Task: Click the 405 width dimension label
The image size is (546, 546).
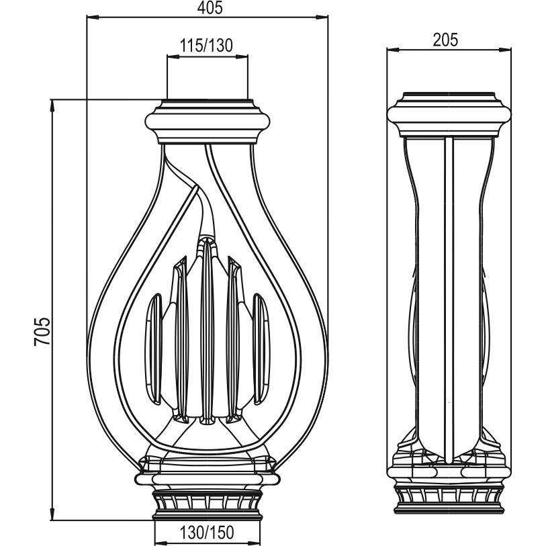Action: pos(210,7)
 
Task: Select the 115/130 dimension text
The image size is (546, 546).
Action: pos(206,45)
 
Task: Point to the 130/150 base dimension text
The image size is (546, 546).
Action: pos(207,532)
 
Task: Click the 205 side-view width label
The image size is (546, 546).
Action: pos(445,40)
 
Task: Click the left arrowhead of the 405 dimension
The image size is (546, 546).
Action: pos(93,17)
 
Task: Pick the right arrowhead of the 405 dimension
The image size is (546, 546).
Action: pos(322,17)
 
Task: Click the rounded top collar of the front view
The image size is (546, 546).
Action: pos(208,122)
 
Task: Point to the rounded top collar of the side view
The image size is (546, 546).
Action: pos(449,115)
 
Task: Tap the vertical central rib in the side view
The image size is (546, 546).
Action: pos(449,300)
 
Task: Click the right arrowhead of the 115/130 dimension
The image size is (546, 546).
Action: pos(242,56)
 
